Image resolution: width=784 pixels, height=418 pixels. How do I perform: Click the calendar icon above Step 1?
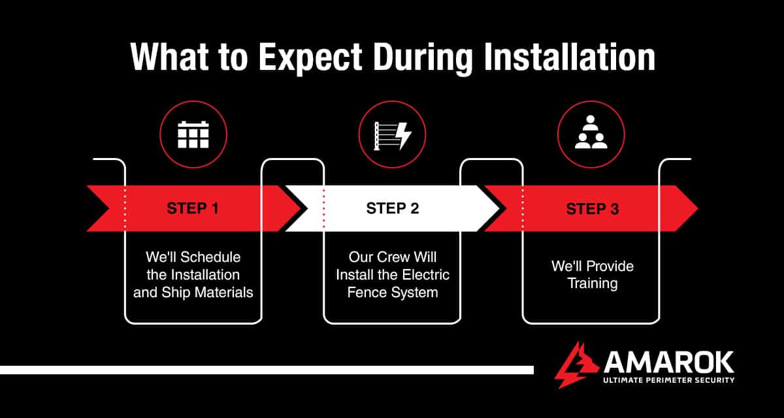pyautogui.click(x=193, y=134)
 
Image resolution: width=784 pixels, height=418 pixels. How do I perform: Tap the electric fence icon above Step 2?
pyautogui.click(x=392, y=135)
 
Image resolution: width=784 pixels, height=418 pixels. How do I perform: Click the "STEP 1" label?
pyautogui.click(x=193, y=209)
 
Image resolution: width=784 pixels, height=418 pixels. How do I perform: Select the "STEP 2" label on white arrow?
pyautogui.click(x=392, y=209)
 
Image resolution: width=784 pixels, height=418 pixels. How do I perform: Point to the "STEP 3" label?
pyautogui.click(x=592, y=209)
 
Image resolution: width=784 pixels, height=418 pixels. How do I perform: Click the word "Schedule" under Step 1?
pyautogui.click(x=212, y=257)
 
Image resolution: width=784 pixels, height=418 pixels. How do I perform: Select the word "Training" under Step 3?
pyautogui.click(x=592, y=283)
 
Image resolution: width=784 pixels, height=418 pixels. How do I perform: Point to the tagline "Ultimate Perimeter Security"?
pyautogui.click(x=668, y=380)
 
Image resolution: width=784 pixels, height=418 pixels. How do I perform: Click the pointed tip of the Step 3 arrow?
pyautogui.click(x=694, y=208)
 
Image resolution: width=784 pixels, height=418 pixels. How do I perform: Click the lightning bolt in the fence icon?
pyautogui.click(x=404, y=135)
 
